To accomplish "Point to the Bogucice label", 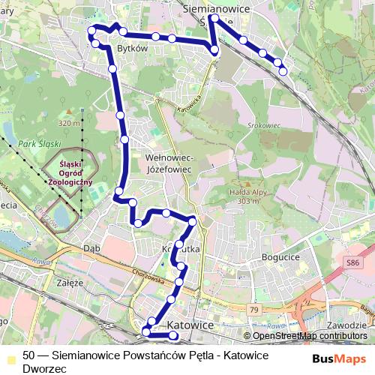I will pyautogui.click(x=282, y=256).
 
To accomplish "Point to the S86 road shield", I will pyautogui.click(x=353, y=262).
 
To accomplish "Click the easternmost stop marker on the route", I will pyautogui.click(x=283, y=71).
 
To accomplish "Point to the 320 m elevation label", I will pyautogui.click(x=68, y=123).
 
